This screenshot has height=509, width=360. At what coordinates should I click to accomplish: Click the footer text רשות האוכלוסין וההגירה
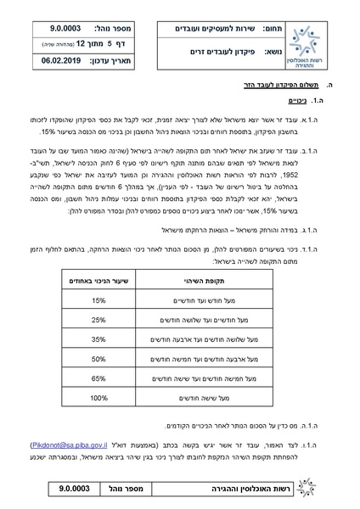click(x=263, y=490)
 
